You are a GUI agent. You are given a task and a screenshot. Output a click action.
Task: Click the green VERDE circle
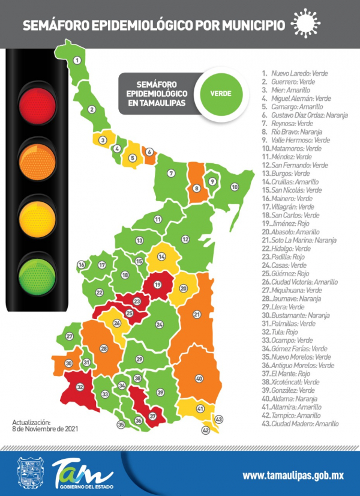(220, 94)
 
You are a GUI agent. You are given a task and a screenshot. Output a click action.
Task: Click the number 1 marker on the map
(77, 61)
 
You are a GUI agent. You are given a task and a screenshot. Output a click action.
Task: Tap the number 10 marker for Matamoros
(235, 187)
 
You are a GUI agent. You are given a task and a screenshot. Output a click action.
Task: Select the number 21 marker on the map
(197, 314)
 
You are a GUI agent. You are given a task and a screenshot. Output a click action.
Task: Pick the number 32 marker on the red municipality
(80, 387)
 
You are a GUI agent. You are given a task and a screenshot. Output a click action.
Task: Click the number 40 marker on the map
(199, 378)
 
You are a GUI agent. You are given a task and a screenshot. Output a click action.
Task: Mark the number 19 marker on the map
(158, 285)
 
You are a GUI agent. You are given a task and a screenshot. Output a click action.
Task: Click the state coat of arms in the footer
(29, 474)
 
